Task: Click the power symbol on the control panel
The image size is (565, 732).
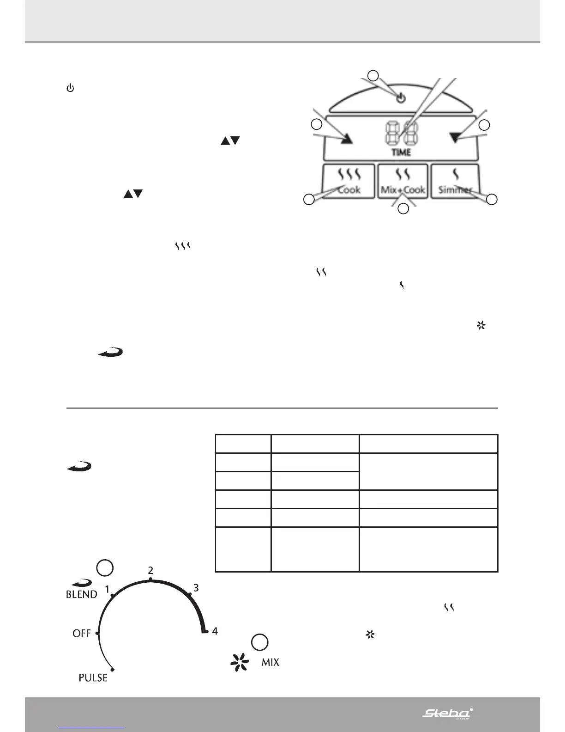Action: [x=401, y=98]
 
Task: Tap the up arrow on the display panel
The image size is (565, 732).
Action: [x=347, y=138]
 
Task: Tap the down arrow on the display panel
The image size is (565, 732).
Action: [x=456, y=138]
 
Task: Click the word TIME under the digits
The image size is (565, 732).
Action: [x=401, y=152]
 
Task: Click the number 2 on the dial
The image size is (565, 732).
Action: [x=150, y=571]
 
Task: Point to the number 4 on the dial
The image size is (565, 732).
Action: [x=215, y=631]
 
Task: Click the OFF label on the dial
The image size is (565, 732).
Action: [x=81, y=633]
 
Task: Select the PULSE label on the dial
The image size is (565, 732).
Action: [x=93, y=678]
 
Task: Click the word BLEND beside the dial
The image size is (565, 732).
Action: [x=82, y=594]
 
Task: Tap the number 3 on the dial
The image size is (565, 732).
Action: [x=196, y=588]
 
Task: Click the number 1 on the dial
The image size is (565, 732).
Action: [x=107, y=589]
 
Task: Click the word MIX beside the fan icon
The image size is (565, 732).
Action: [x=270, y=662]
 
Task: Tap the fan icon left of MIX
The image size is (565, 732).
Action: [x=240, y=662]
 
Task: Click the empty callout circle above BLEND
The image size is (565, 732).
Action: [x=105, y=568]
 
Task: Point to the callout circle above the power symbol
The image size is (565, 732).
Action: [x=373, y=75]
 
